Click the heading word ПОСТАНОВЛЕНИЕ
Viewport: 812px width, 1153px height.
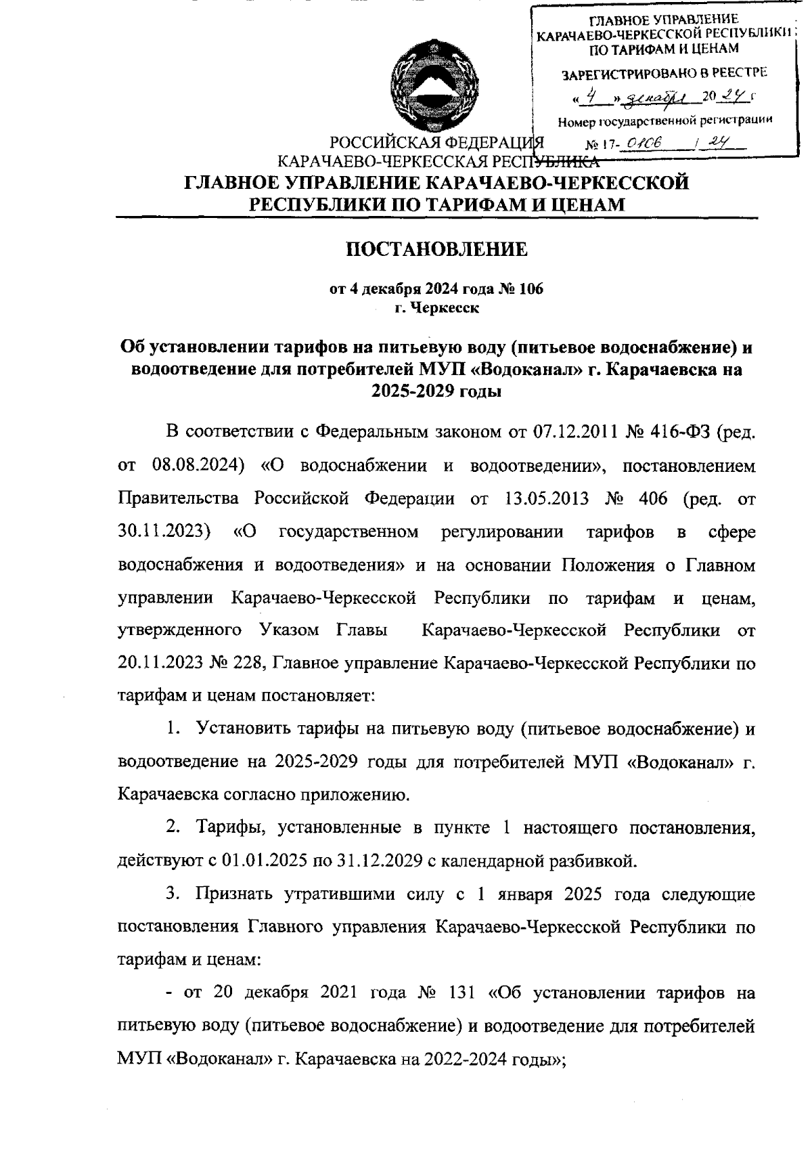tap(436, 250)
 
